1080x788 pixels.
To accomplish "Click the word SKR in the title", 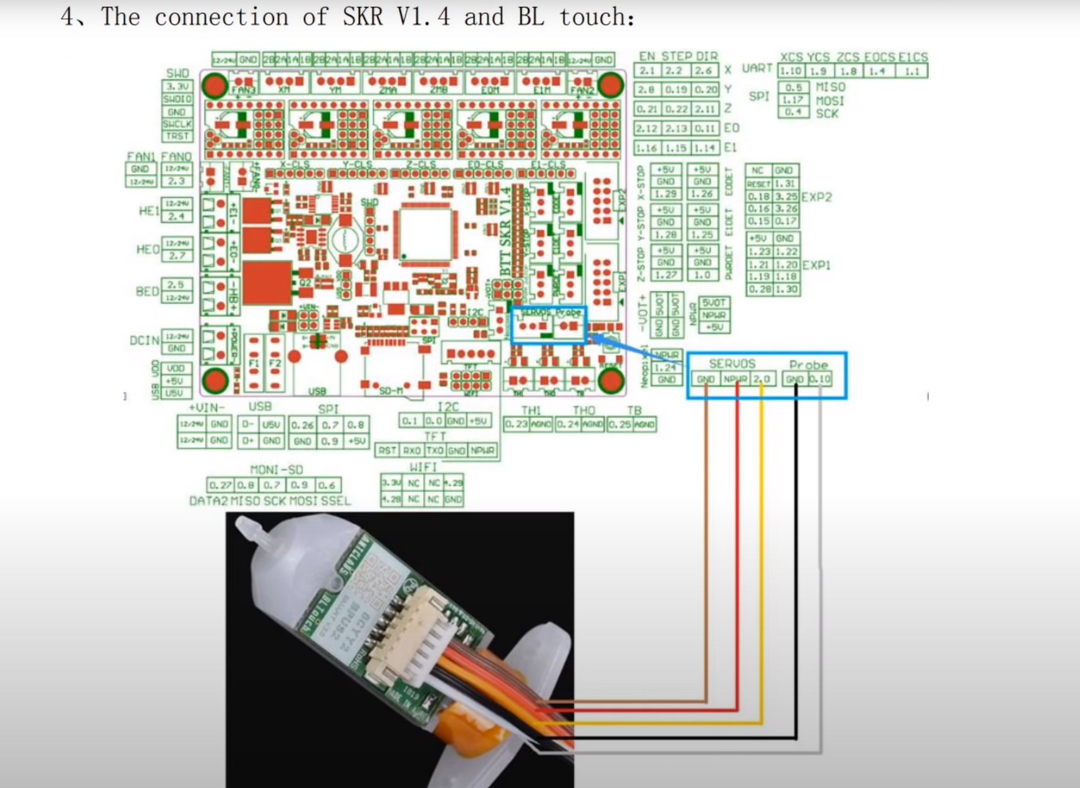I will coord(363,16).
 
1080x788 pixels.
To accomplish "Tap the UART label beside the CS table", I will coord(757,68).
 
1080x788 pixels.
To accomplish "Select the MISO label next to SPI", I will coord(830,87).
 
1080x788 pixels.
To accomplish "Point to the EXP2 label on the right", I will coord(817,197).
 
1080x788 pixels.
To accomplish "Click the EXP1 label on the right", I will coord(817,265).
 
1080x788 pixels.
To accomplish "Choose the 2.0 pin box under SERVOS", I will coord(762,379).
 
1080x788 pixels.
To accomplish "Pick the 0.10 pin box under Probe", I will coord(820,379).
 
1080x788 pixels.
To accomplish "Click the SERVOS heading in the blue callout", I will coord(732,364).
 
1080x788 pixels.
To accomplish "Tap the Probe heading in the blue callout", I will coord(808,364).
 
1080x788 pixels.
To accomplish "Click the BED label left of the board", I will coord(147,292).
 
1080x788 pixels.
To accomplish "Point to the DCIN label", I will coord(145,341).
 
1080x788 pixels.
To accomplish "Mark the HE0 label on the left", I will coord(148,250).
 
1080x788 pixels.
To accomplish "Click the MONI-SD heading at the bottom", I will coord(277,469).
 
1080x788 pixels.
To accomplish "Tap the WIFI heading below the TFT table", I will coord(423,467).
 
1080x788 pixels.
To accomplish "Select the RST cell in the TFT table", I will coord(387,451).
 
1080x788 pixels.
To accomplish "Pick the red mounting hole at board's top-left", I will coord(215,85).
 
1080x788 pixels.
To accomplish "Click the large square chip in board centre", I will coord(426,233).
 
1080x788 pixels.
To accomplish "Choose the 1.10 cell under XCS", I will coord(790,71).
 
